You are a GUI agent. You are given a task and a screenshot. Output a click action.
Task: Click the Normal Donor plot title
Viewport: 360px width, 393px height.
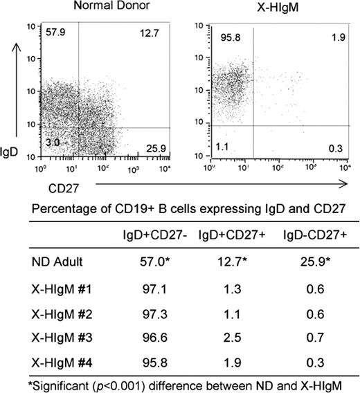point(110,7)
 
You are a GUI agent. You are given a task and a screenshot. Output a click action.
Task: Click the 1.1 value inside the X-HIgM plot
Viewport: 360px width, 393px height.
point(222,147)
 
